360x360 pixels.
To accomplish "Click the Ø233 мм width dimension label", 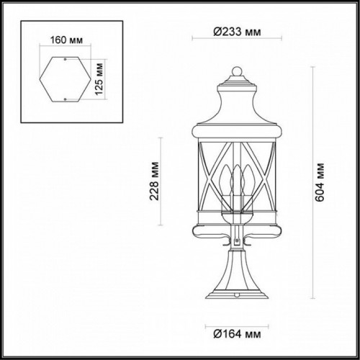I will (x=233, y=32).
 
